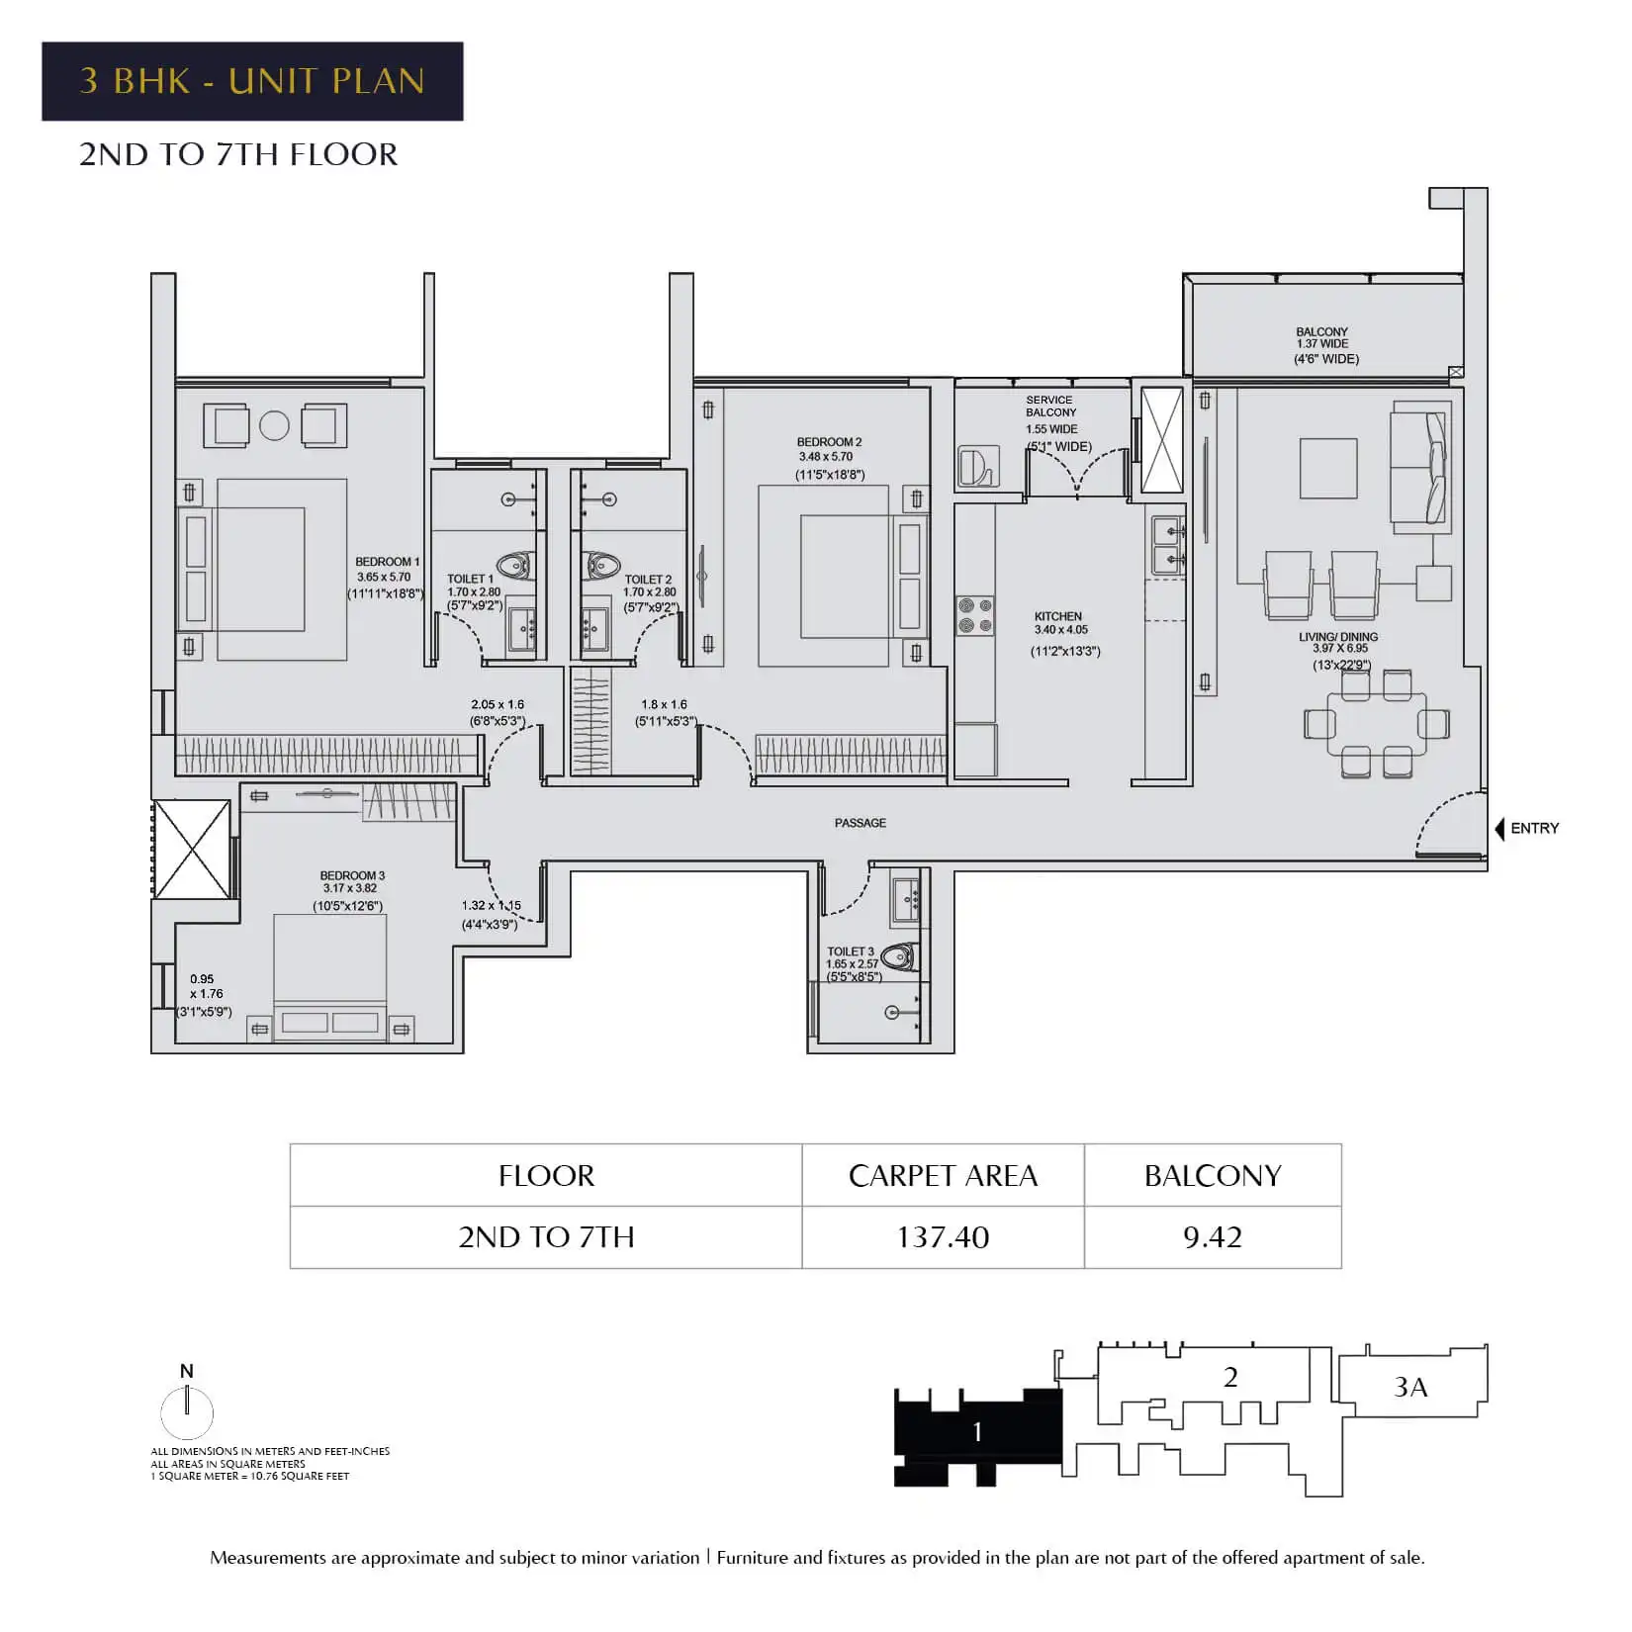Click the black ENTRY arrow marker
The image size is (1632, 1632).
pos(1499,829)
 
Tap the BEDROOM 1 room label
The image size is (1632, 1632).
pos(387,562)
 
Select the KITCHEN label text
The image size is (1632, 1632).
pos(1058,616)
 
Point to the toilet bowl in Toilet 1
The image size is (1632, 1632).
pos(513,566)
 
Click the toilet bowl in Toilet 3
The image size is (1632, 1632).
pos(899,956)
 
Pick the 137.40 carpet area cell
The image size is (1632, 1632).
pos(943,1237)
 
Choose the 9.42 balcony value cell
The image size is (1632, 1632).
pos(1213,1237)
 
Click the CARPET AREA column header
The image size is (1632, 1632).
pos(943,1175)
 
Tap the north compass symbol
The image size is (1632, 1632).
pos(187,1407)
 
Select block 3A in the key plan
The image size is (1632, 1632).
pos(1411,1381)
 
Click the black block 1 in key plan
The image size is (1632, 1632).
pos(978,1436)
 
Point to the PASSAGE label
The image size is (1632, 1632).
pos(861,823)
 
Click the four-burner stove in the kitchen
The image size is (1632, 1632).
pos(974,615)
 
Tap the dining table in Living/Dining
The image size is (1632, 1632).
pos(1377,724)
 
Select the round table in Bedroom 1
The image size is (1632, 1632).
pos(274,426)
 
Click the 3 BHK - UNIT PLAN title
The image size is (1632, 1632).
pos(252,81)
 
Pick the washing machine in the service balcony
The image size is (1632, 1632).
pos(978,466)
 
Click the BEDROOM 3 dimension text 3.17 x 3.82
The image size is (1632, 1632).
pos(350,888)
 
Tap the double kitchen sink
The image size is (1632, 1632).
pos(1168,546)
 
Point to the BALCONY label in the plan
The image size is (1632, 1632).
pos(1322,332)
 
